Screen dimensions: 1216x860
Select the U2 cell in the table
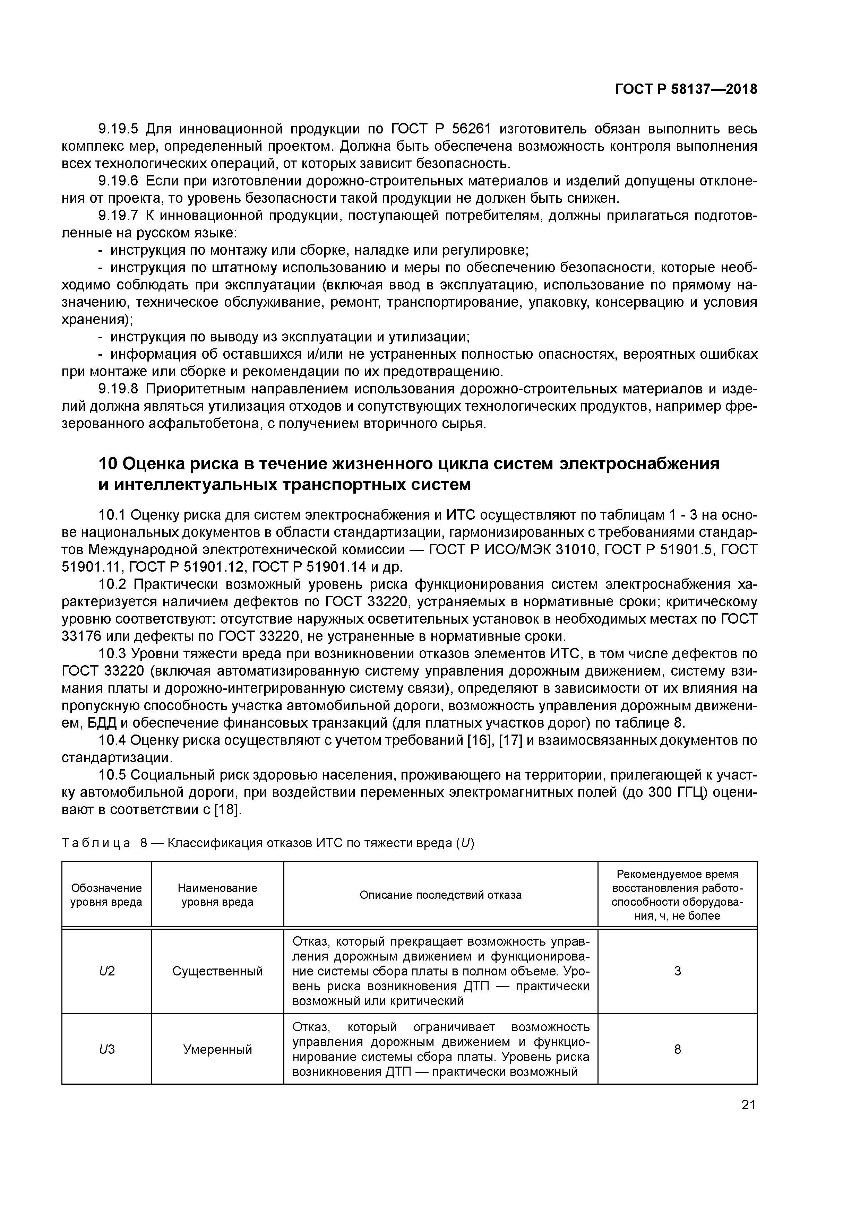tap(106, 971)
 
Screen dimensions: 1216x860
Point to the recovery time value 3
tap(677, 971)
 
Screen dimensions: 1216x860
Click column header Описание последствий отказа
tap(440, 895)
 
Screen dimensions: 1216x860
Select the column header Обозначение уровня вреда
tap(106, 895)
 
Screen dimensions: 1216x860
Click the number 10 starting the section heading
tap(108, 463)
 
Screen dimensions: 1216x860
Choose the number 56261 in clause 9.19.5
tap(472, 129)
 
